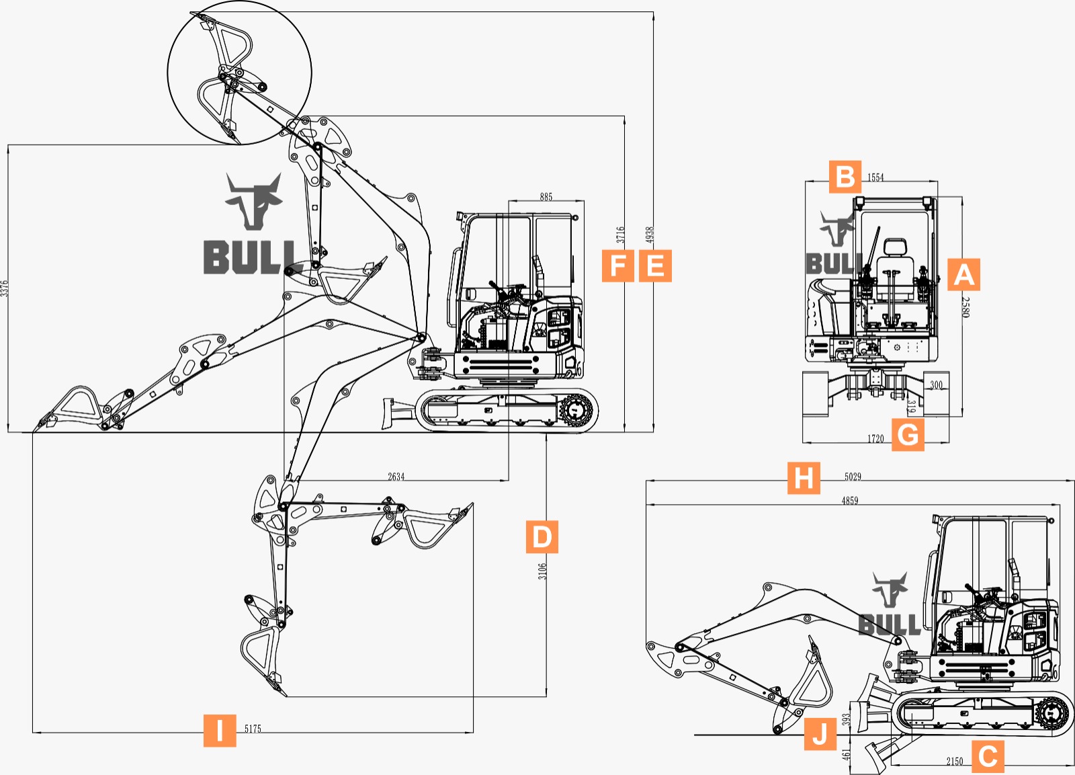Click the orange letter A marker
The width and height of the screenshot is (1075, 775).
tap(963, 275)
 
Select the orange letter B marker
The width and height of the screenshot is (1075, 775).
tap(845, 177)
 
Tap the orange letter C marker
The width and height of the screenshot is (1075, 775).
tap(988, 756)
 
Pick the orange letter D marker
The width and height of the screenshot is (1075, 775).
tap(542, 536)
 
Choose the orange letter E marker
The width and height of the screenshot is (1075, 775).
tap(655, 266)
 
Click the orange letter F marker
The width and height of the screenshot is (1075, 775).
tap(618, 266)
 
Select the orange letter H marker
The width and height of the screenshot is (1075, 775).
tap(804, 478)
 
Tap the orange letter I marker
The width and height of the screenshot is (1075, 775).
tap(220, 730)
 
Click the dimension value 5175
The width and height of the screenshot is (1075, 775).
tap(253, 729)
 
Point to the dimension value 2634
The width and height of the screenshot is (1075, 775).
tap(396, 477)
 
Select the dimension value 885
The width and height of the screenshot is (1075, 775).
tap(546, 197)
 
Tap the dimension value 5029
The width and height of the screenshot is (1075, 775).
tap(853, 477)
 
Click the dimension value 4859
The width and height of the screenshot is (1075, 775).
tap(850, 500)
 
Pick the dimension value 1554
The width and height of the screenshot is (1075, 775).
tap(875, 177)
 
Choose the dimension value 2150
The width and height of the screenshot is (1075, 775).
tap(955, 762)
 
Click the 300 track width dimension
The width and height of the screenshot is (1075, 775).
tap(936, 385)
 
